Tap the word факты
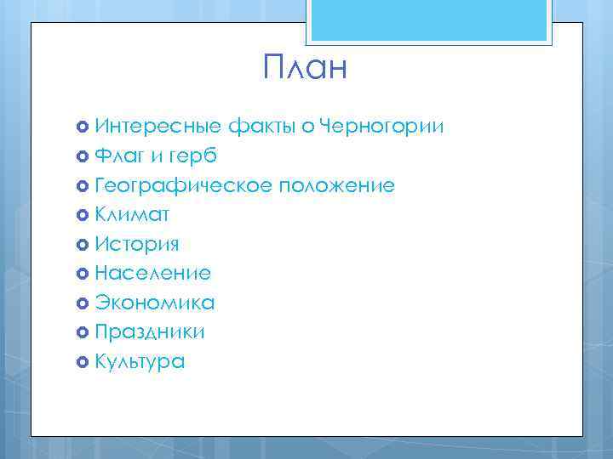pyautogui.click(x=259, y=127)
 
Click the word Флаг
pyautogui.click(x=119, y=156)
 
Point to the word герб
pyautogui.click(x=193, y=156)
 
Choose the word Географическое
pyautogui.click(x=184, y=185)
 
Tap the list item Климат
pyautogui.click(x=132, y=215)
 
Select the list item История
pyautogui.click(x=137, y=244)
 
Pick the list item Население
pyautogui.click(x=152, y=273)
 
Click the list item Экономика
pyautogui.click(x=154, y=303)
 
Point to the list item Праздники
pyautogui.click(x=150, y=331)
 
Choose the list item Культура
pyautogui.click(x=140, y=361)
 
